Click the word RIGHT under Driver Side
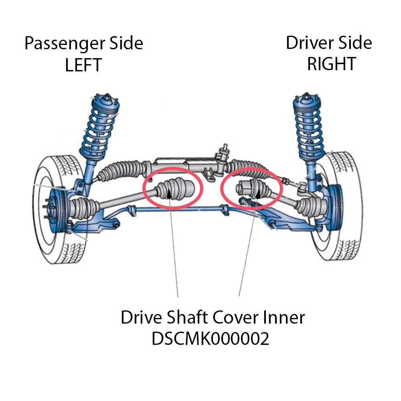(332, 64)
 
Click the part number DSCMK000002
(210, 339)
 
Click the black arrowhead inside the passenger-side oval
(170, 194)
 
